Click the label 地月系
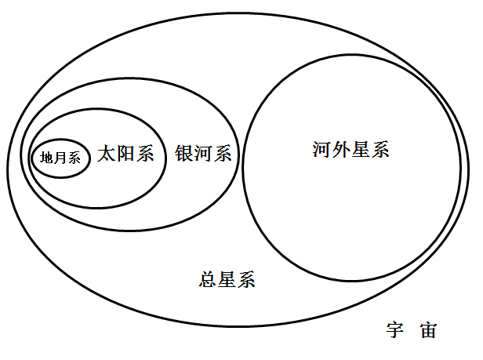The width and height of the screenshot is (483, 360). pos(60,158)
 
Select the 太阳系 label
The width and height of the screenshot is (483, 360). pos(125,153)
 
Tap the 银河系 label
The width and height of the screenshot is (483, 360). pos(203,153)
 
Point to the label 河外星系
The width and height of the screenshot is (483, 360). pos(350,150)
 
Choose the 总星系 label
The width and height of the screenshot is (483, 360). pos(227,279)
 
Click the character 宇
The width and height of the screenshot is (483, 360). pos(395,329)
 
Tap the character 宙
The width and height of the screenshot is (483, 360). pos(428,329)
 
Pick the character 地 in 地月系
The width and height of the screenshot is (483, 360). pos(47,158)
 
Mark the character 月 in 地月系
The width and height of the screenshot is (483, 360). pos(60,158)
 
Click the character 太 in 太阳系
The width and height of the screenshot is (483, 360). pos(107,153)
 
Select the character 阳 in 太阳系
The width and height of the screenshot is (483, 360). pos(125,153)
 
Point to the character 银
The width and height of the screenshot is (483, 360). pos(184,153)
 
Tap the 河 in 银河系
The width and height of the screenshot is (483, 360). pos(203,153)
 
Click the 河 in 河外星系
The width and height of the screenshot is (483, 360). pos(322,150)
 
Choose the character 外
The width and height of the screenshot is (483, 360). pos(341,150)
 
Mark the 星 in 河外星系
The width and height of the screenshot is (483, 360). pos(361,150)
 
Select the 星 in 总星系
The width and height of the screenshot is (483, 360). pos(227,279)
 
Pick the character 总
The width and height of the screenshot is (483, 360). pos(208,279)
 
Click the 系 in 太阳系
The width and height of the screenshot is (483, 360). pos(145,153)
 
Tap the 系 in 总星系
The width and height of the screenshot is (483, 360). pos(246,279)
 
